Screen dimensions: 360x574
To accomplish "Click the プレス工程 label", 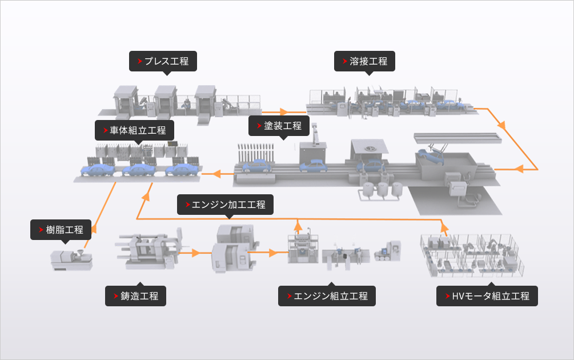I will coord(163,61).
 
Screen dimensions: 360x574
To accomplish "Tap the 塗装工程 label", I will coord(279,126).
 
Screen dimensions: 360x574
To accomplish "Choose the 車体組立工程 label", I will coord(134,130).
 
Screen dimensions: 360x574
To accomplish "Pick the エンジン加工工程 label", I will coord(225,204).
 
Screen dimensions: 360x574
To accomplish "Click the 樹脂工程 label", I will coord(61,230).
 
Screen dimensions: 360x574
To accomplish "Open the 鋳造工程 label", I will coord(135,296).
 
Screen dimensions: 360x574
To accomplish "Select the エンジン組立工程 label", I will coord(327,296).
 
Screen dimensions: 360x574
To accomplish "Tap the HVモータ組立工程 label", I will coord(487,296).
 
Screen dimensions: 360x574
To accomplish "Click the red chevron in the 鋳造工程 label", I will coord(115,296).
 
